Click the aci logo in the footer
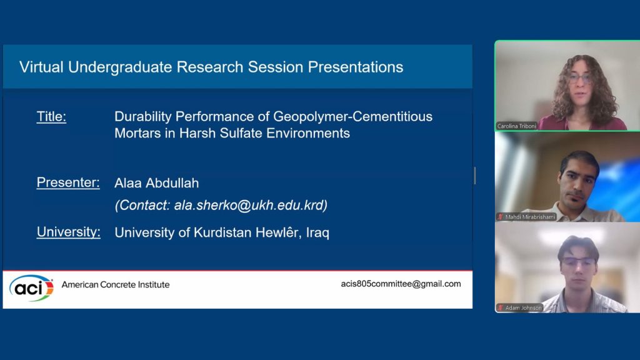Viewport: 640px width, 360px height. [x=31, y=287]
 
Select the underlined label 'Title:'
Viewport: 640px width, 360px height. [x=51, y=117]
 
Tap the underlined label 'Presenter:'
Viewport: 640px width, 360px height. [x=68, y=182]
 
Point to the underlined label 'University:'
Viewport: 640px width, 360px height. [x=69, y=232]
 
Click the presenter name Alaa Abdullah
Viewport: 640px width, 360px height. [x=157, y=183]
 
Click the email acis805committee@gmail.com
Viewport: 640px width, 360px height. [x=401, y=284]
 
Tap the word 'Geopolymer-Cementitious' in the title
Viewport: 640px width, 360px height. [x=352, y=117]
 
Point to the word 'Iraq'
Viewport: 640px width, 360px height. [x=317, y=232]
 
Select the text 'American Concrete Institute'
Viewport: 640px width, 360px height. [x=116, y=284]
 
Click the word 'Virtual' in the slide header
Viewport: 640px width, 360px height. [x=41, y=67]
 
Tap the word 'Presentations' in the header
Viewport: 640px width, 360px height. [x=356, y=67]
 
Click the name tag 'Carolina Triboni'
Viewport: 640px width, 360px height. [x=517, y=126]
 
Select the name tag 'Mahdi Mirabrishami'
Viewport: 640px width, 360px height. [x=530, y=217]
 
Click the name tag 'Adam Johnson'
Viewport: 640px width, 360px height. [x=523, y=307]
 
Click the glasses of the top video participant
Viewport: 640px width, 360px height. [x=579, y=78]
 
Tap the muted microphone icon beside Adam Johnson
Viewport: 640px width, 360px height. [x=501, y=307]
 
